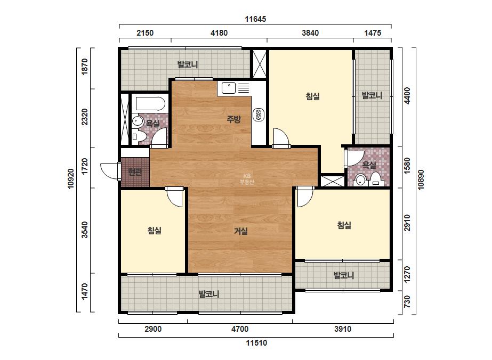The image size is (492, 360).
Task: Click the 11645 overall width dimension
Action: point(255,19)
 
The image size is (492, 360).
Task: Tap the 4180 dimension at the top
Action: point(219,33)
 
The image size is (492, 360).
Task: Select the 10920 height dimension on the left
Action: point(71,179)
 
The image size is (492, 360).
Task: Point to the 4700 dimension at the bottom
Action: point(240,329)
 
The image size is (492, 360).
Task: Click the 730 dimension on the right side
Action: point(407,301)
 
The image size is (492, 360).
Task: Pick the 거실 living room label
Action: point(241,231)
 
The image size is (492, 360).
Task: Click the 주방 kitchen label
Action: point(234,119)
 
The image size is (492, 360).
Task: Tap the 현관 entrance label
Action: point(135,172)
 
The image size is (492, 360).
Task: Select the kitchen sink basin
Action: point(229,88)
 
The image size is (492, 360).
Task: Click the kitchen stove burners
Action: point(259,114)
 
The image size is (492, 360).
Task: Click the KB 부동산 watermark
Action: point(247,179)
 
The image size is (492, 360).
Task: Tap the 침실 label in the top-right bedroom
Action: point(313,96)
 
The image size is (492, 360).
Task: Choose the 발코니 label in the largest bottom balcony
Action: point(209,294)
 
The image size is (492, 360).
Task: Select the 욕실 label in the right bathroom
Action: point(369,165)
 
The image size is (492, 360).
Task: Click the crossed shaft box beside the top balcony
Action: point(260,64)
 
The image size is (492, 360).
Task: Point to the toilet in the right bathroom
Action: point(376,179)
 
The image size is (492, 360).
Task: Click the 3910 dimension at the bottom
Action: point(343,329)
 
